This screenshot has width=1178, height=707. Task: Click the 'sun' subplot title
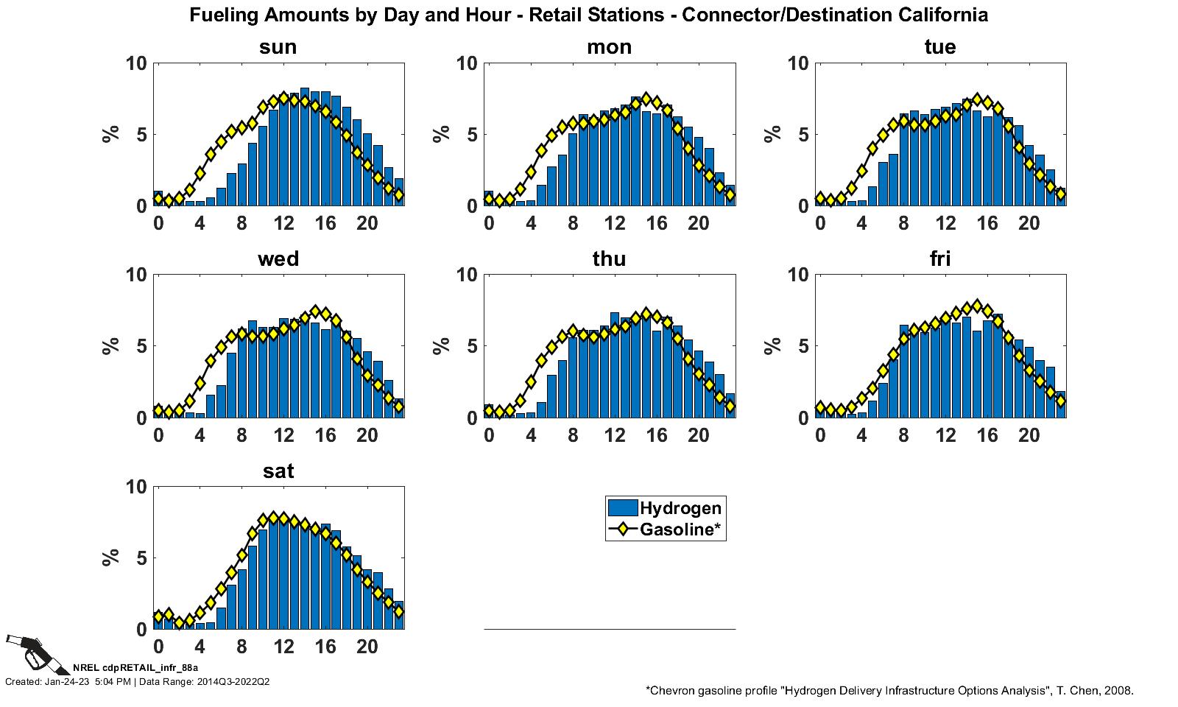point(278,47)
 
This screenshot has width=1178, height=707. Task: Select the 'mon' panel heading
point(609,47)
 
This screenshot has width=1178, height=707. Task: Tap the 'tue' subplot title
point(940,47)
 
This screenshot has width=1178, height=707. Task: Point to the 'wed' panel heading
point(278,259)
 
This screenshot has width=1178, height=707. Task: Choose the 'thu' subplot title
point(609,259)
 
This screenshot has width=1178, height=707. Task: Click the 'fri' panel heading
point(940,259)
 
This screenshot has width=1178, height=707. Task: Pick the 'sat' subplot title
point(278,471)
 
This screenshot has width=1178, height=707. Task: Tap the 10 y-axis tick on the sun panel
point(136,63)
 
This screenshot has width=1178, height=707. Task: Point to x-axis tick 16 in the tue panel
point(987,224)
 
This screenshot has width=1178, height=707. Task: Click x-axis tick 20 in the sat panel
point(367,647)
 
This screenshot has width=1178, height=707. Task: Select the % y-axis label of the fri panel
point(773,346)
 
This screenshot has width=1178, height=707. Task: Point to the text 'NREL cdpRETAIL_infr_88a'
point(125,668)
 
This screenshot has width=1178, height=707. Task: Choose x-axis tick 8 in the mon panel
point(573,224)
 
